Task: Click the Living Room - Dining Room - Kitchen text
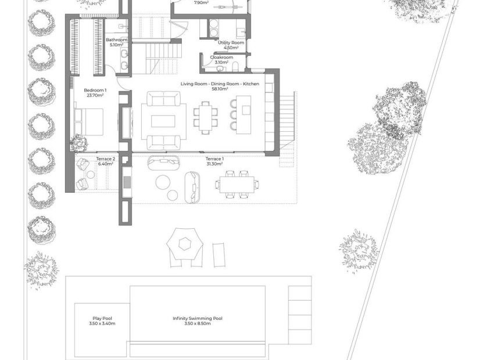pyautogui.click(x=220, y=84)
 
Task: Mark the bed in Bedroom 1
pyautogui.click(x=89, y=121)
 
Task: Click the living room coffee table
pyautogui.click(x=163, y=121)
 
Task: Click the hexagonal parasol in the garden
pyautogui.click(x=185, y=244)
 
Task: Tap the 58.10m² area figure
pyautogui.click(x=220, y=89)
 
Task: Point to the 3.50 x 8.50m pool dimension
pyautogui.click(x=198, y=323)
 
